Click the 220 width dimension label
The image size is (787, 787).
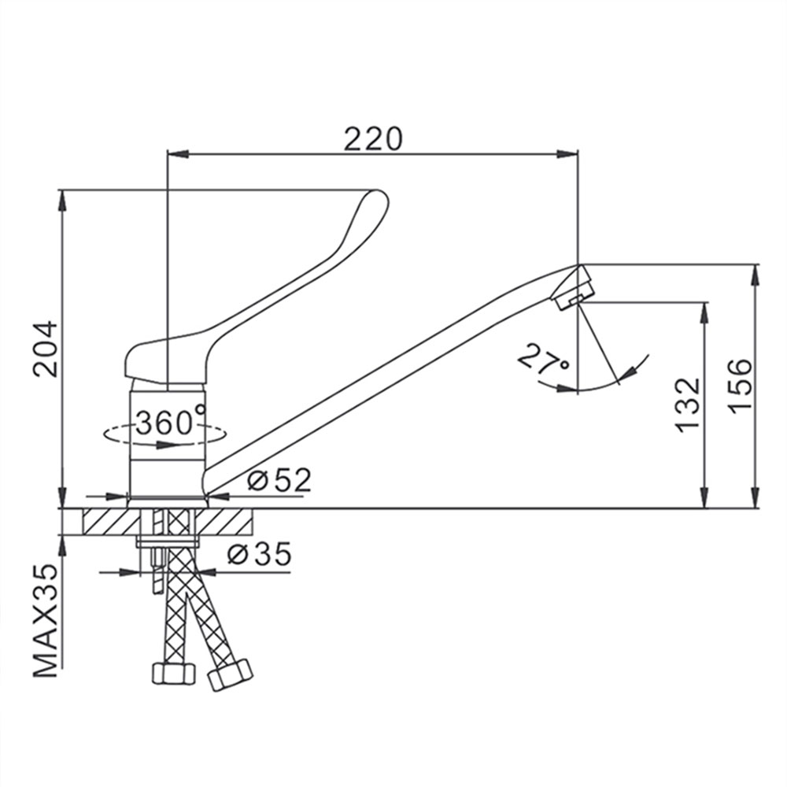click(373, 139)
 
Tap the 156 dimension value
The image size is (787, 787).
click(741, 386)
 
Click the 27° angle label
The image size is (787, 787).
click(544, 360)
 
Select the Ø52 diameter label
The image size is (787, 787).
click(279, 480)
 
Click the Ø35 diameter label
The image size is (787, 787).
click(259, 553)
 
